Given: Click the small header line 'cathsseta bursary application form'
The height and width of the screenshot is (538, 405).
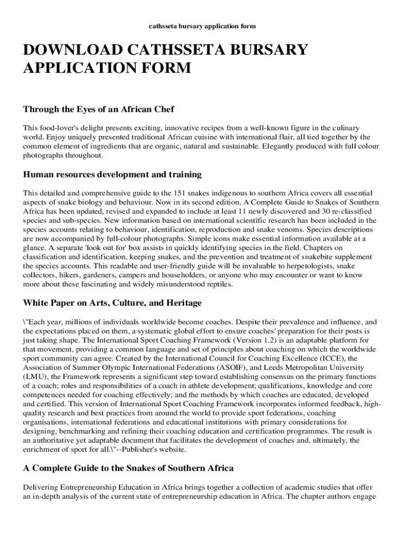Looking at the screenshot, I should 202,26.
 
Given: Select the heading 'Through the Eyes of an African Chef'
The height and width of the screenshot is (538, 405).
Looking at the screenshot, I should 98,110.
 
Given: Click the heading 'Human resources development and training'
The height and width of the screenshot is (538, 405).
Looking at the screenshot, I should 112,174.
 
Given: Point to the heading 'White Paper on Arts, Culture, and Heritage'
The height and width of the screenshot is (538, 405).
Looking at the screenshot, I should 112,303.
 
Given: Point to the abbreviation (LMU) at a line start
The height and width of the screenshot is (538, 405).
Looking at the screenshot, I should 34,377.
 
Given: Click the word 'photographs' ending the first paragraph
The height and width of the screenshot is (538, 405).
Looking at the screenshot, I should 43,156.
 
